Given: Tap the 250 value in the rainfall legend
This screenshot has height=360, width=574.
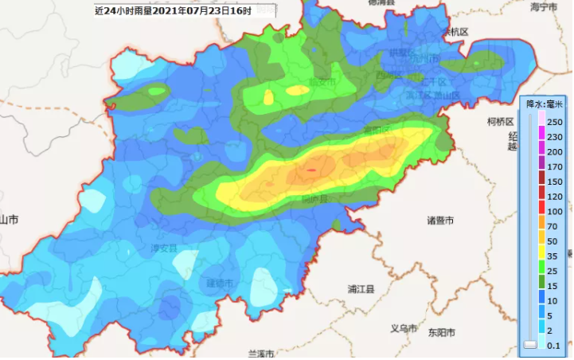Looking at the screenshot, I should (x=555, y=122).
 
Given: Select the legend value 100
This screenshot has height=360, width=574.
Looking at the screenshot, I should (x=555, y=211).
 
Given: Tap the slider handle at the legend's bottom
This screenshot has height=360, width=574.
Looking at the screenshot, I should (x=530, y=344).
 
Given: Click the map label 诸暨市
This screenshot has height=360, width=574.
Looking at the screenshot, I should (x=439, y=221).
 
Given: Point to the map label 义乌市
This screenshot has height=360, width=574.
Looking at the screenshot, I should (x=404, y=329).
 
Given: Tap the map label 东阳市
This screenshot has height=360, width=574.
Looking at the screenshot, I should (x=440, y=332).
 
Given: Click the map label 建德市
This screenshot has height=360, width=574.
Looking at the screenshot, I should (x=220, y=284).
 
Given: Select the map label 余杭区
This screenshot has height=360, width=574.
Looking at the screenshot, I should (x=457, y=32).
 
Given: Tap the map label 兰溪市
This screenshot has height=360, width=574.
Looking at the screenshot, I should (x=261, y=353).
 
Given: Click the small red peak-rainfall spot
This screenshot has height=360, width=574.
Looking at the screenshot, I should (x=311, y=169).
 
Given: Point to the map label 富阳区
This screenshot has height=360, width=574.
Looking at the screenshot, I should (x=376, y=129).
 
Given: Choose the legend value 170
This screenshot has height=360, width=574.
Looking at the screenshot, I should (x=555, y=166).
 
